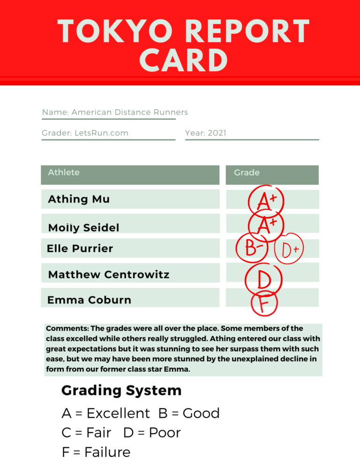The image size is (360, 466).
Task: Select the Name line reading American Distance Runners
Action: coord(115,113)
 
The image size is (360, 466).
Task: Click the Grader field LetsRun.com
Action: coord(85,133)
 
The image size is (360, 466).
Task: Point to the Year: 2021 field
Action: coord(206,133)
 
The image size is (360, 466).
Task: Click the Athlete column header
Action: coord(64,173)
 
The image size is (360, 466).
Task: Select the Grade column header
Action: coord(247,173)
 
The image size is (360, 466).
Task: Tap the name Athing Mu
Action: coord(79,199)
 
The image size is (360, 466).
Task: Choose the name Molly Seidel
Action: coord(83,228)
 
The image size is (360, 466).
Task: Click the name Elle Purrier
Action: coord(80,248)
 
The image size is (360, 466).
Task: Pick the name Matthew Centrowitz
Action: coord(109,275)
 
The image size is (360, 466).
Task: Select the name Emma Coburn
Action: coord(89,300)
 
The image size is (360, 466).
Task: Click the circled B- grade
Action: coord(252,248)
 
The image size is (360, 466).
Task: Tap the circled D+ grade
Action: coord(290,249)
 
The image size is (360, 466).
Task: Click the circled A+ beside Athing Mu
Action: coord(266,201)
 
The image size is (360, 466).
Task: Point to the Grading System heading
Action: coord(121,391)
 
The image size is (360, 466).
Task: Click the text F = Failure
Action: coord(96,452)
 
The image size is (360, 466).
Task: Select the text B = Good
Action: coord(189,413)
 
